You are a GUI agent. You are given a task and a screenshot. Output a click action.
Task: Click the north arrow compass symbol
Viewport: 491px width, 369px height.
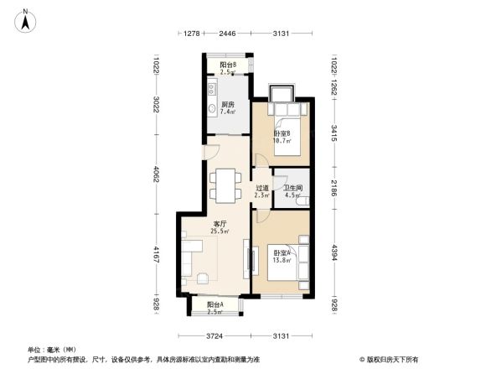pos(27,19)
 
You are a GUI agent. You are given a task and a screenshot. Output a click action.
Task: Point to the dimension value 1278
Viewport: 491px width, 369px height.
pos(192,34)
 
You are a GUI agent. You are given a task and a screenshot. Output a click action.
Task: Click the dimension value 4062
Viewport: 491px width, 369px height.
pos(157,177)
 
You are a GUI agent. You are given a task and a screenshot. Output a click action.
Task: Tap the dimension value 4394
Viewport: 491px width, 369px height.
pos(333,252)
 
